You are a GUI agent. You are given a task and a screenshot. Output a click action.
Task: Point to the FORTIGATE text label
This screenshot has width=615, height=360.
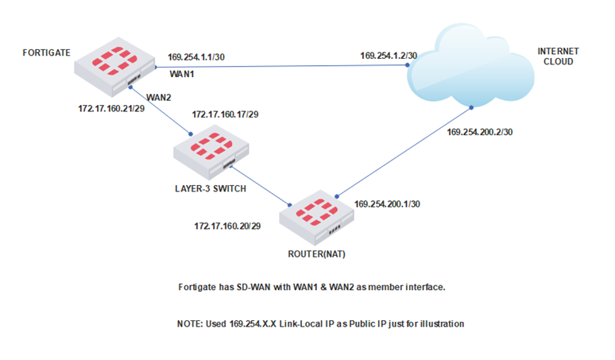[x=47, y=52]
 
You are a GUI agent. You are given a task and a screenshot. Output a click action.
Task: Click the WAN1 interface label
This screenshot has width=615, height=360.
[x=184, y=72]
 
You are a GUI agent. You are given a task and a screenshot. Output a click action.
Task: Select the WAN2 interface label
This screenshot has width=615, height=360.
[x=160, y=97]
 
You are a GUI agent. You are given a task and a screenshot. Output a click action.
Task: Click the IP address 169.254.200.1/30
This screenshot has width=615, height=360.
[x=387, y=203]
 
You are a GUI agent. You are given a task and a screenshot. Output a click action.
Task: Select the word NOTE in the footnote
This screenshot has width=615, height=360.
[x=191, y=324]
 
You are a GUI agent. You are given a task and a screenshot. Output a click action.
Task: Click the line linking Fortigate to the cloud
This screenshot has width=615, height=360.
[x=278, y=67]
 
